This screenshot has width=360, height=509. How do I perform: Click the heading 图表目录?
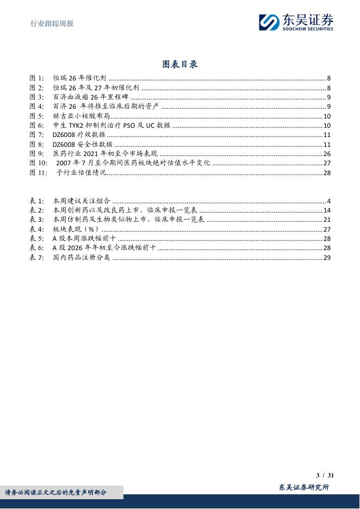click(x=180, y=64)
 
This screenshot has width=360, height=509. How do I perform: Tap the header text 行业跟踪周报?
click(x=51, y=23)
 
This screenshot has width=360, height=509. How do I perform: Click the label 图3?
click(x=36, y=97)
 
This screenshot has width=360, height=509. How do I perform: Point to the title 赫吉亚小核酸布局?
click(x=81, y=116)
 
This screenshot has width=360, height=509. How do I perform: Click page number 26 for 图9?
click(x=327, y=154)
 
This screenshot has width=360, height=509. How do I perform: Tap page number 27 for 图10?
click(x=327, y=163)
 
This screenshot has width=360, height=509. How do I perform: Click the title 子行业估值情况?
click(x=81, y=173)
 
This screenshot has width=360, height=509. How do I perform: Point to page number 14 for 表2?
click(x=327, y=210)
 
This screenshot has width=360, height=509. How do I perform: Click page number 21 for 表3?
click(x=327, y=220)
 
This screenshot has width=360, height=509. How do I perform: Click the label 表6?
click(x=36, y=248)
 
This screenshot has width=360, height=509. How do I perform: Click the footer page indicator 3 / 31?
click(x=325, y=475)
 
